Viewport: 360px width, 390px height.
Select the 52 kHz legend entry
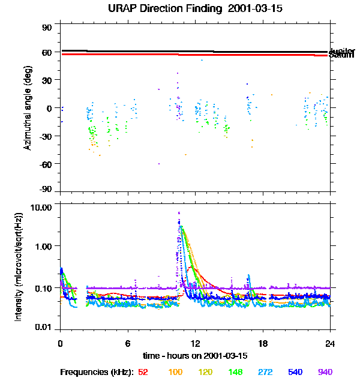point(143,372)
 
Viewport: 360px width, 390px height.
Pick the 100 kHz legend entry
point(175,372)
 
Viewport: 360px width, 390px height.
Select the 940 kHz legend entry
point(325,372)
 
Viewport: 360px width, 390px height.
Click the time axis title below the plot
point(196,355)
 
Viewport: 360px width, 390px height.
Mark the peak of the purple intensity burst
point(179,212)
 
